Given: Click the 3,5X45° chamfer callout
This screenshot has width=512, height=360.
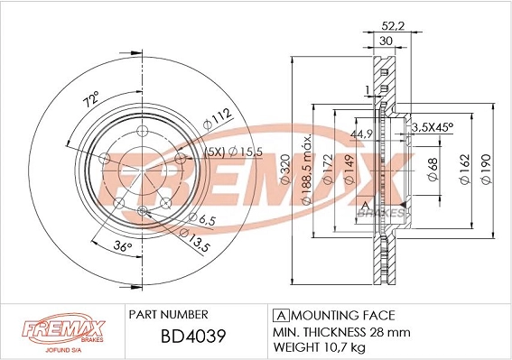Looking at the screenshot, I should coord(433,129).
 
